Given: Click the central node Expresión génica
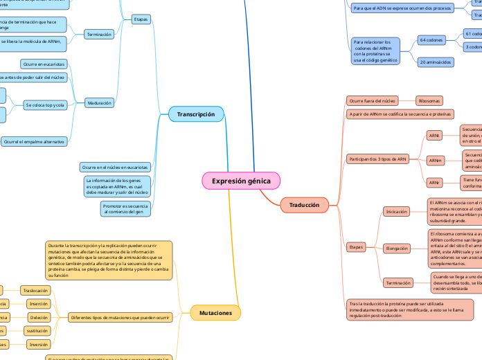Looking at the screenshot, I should coord(241,181).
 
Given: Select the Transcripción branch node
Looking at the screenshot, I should coord(196,114).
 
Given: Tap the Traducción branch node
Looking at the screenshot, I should coord(304,205).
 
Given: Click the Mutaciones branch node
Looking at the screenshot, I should coord(215,313).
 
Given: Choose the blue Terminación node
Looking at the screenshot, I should coord(99,34).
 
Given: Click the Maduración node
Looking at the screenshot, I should coord(99,103).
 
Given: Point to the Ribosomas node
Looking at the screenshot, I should coord(429,100).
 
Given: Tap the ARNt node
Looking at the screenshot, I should coord(435,135).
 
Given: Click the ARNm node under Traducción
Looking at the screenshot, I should coord(436,161).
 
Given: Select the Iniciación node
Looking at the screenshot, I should coord(396,211).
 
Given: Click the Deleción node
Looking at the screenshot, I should coord(38,317).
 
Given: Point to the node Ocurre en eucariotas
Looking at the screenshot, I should coord(43,64).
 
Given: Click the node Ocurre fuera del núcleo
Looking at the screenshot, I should coord(373,100).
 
